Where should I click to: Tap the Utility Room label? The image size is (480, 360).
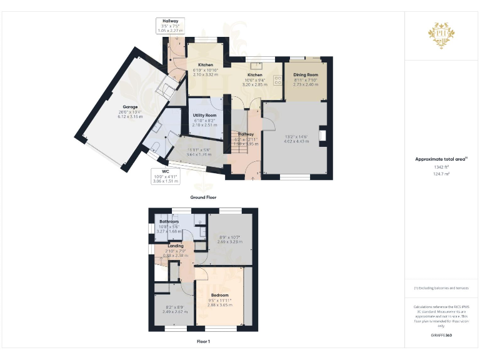coord(204,116)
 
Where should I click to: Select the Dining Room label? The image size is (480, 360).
coord(306,74)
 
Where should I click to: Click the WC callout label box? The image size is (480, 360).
coord(166,177)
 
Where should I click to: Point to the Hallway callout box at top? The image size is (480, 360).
coord(170,26)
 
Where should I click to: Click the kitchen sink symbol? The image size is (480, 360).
coord(256,64)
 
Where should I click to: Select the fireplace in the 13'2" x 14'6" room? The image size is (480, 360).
coord(322,136)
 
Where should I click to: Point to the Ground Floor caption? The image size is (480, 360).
coord(203,197)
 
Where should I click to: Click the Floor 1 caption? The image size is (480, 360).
coord(203,342)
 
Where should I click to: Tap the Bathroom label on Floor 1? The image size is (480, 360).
coord(169,222)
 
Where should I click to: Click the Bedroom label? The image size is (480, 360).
coord(219,295)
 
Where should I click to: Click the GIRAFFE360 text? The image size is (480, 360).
coord(441,336)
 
